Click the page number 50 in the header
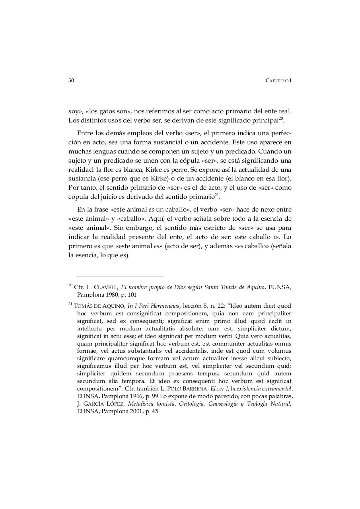coord(71,80)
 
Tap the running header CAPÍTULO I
coord(278,81)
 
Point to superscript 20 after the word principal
coord(280,118)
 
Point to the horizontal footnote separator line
coord(121,276)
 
